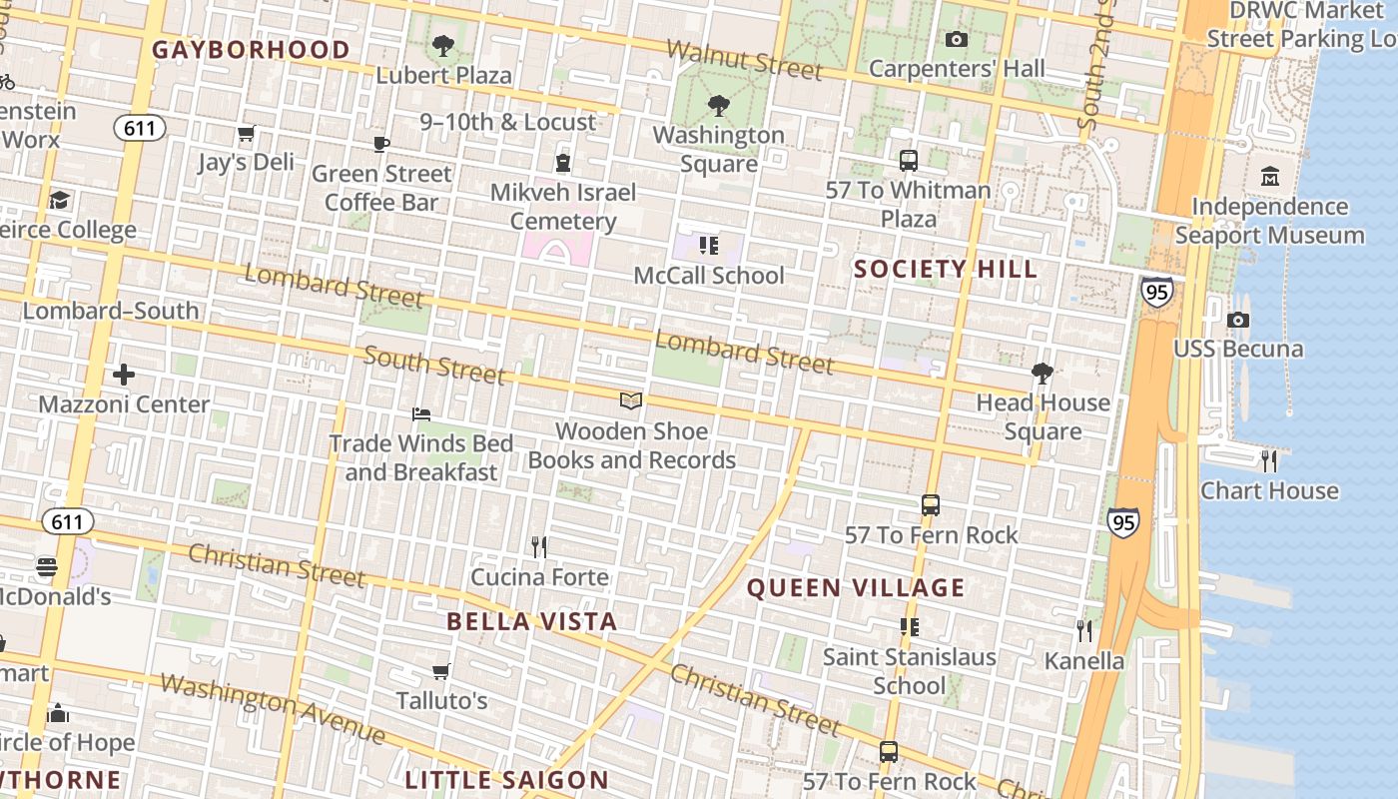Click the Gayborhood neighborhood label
tap(251, 50)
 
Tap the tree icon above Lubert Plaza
tap(442, 46)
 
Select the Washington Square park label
tap(718, 149)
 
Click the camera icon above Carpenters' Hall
tap(957, 40)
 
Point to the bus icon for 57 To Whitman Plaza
tap(909, 160)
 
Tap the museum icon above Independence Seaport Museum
tap(1270, 176)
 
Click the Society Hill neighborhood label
tap(945, 269)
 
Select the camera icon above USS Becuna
tap(1238, 320)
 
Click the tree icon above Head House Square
tap(1043, 374)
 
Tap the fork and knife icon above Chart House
tap(1269, 460)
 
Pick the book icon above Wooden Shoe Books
tap(630, 401)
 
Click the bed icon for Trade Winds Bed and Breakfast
tap(421, 413)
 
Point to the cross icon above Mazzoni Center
tap(124, 375)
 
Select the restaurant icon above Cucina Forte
tap(539, 547)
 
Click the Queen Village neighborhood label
tap(856, 587)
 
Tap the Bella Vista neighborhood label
tap(531, 621)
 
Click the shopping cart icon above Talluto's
tap(441, 671)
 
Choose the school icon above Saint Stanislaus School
tap(909, 627)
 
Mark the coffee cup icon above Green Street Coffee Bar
tap(380, 144)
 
